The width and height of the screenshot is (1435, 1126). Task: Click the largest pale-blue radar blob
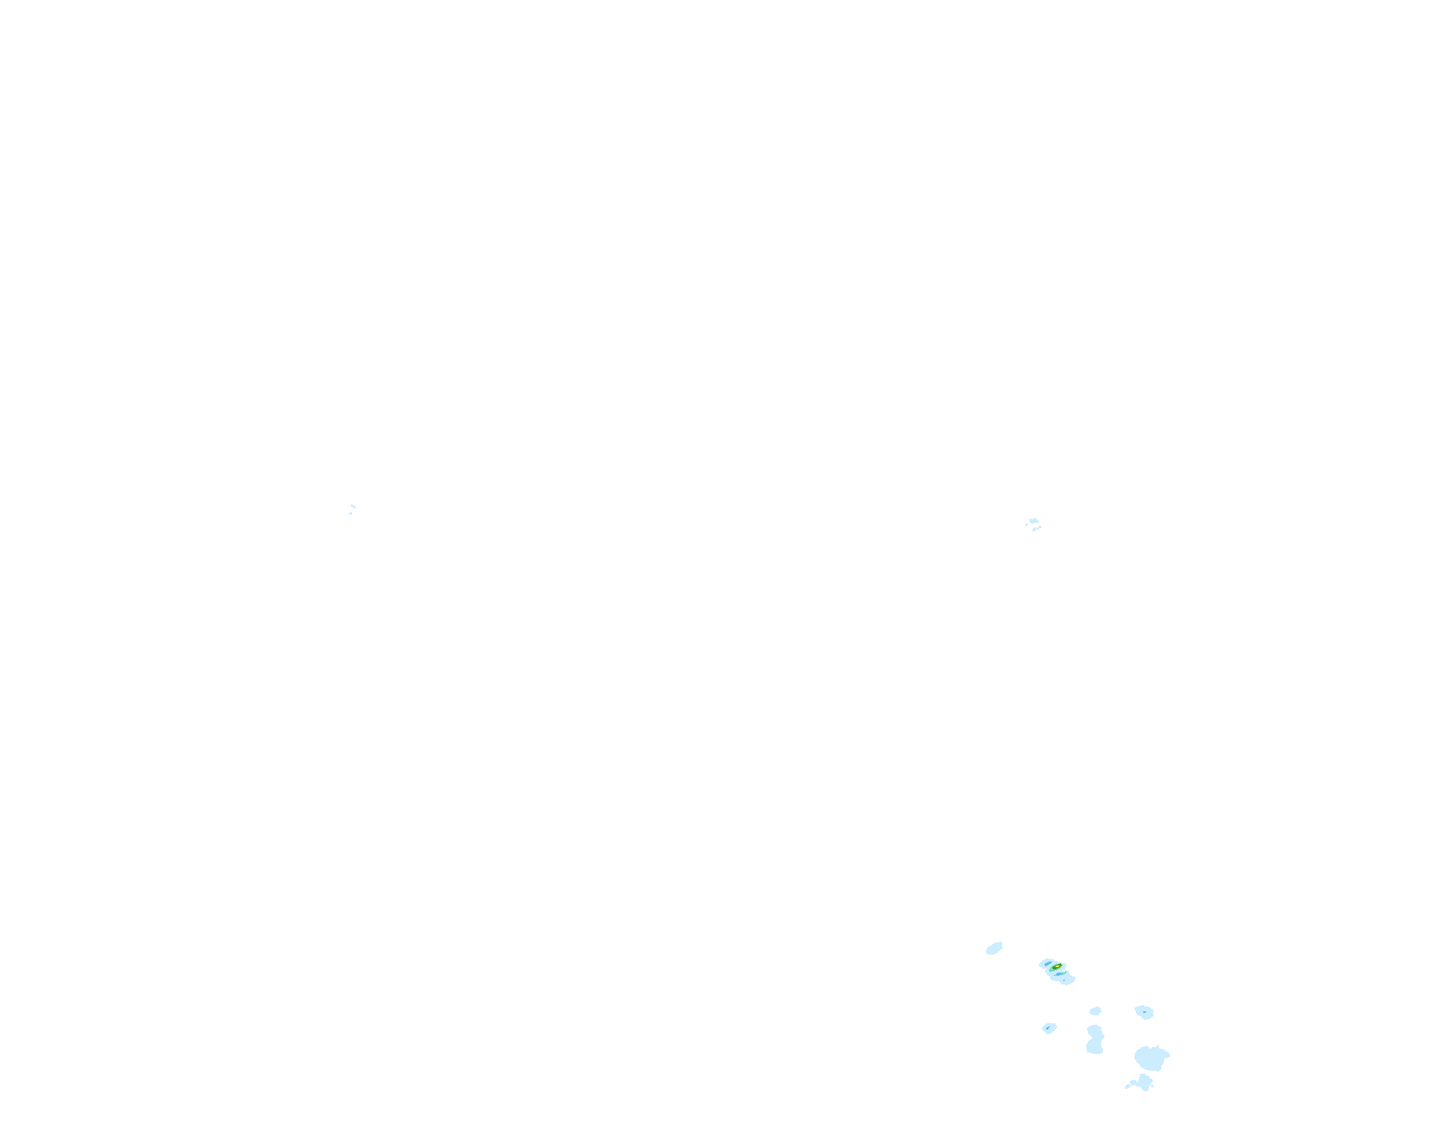(1151, 1059)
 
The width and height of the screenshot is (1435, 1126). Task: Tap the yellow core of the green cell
(1056, 966)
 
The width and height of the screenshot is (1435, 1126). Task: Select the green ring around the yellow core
(1053, 969)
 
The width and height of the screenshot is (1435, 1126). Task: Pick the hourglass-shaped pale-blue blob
(1095, 1039)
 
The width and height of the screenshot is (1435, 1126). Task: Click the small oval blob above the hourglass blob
(1095, 1011)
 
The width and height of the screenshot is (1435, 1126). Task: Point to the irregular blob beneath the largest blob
(1144, 1082)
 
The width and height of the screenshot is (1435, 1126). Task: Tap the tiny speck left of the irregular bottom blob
(1127, 1086)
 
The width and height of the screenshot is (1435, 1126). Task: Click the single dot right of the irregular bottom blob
(1152, 1086)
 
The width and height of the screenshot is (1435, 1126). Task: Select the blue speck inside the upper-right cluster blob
(1145, 1012)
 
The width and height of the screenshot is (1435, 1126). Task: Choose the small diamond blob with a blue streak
(1049, 1028)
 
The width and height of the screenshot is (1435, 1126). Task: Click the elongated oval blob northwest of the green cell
(994, 948)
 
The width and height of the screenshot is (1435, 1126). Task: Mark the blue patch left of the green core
(1048, 964)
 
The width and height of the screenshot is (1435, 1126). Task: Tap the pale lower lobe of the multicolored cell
(1067, 981)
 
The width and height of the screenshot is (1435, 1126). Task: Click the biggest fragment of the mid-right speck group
(1033, 521)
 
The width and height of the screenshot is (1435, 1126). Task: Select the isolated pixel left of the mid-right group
(1026, 524)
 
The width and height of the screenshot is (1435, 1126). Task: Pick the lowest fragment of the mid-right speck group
(1034, 529)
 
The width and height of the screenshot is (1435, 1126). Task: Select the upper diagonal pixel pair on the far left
(352, 505)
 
